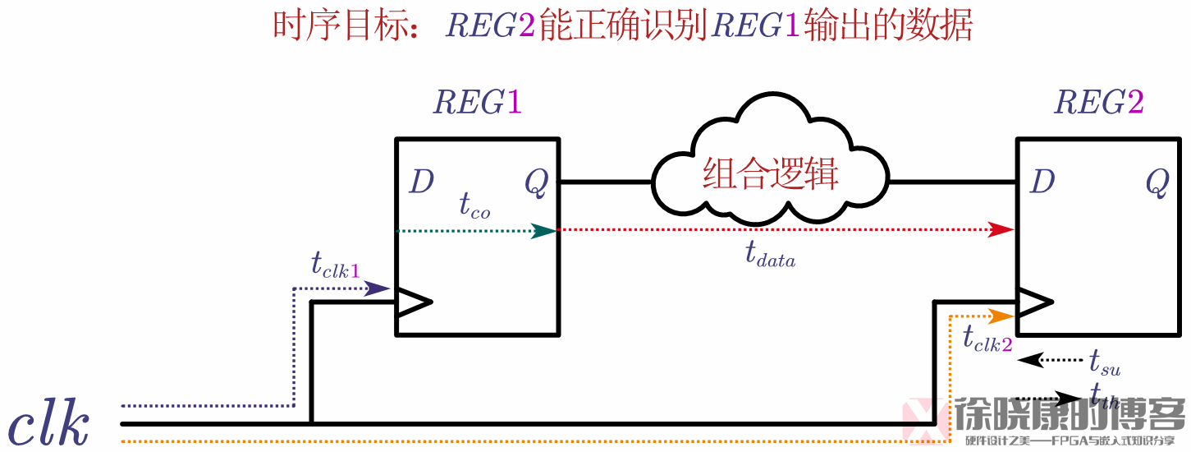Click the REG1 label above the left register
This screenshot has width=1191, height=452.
click(478, 103)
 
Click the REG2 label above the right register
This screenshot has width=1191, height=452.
click(1098, 103)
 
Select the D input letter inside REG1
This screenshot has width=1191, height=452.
click(421, 182)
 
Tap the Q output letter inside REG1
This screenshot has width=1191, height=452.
click(536, 184)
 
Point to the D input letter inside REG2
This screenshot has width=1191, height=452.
click(1042, 182)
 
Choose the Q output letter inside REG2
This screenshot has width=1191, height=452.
click(1157, 184)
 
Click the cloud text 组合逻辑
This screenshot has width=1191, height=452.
click(770, 175)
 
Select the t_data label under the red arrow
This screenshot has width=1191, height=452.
click(770, 256)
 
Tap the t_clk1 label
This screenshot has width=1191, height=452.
click(335, 265)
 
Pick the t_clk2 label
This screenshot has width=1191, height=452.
click(987, 339)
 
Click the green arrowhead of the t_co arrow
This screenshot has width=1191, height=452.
click(543, 231)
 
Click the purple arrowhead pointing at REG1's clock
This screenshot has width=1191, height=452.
click(378, 288)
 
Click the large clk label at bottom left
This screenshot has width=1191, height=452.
click(49, 424)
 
